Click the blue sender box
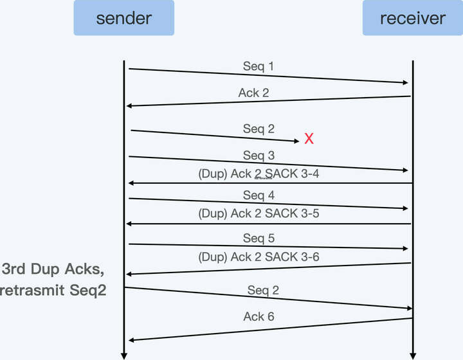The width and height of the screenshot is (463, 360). click(123, 17)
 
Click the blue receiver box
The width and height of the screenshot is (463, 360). click(412, 17)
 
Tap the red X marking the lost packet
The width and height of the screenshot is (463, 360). click(309, 138)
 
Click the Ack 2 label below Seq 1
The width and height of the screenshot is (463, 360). click(253, 93)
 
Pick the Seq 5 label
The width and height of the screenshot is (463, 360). click(259, 239)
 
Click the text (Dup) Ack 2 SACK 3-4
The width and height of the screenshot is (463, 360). click(259, 175)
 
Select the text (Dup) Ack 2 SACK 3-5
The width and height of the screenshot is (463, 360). click(259, 214)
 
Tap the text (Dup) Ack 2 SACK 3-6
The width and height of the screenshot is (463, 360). click(259, 258)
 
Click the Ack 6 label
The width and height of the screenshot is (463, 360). click(259, 316)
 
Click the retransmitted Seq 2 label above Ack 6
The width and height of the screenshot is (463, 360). click(264, 290)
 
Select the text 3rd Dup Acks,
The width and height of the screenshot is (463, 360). click(53, 269)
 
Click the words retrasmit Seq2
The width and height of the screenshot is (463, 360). click(53, 290)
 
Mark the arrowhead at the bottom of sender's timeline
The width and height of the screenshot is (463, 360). click(124, 355)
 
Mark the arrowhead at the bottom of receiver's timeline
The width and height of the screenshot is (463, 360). click(412, 355)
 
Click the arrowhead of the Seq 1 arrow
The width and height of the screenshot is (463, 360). click(406, 82)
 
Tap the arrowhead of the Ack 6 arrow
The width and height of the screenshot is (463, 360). click(131, 339)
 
